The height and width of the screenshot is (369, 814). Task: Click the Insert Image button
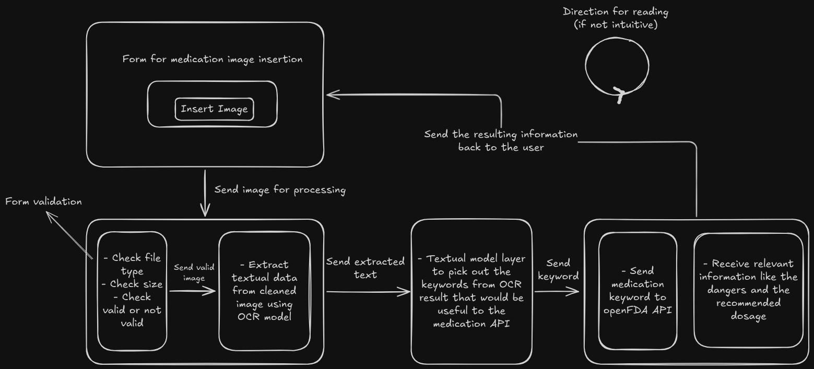[x=214, y=109]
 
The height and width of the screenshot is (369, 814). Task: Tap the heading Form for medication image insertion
[x=213, y=59]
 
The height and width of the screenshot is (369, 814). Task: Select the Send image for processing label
[x=280, y=189]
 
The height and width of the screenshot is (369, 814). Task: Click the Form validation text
[x=43, y=201]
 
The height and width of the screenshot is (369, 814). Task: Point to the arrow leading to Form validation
[x=68, y=233]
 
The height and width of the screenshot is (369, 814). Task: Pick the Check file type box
[x=132, y=290]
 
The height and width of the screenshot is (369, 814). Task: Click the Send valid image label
[x=194, y=272]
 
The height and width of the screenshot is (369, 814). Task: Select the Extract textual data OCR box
[x=264, y=291]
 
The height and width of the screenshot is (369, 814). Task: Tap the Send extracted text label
[x=365, y=268]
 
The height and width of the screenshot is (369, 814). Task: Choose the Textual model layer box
[x=471, y=291]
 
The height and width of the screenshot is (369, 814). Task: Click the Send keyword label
[x=558, y=269]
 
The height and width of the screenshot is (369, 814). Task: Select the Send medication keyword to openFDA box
[x=638, y=291]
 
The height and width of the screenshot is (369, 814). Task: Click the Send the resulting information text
[x=501, y=141]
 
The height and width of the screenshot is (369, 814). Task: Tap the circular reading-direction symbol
[x=617, y=67]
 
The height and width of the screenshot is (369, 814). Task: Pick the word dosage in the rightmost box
[x=748, y=316]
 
